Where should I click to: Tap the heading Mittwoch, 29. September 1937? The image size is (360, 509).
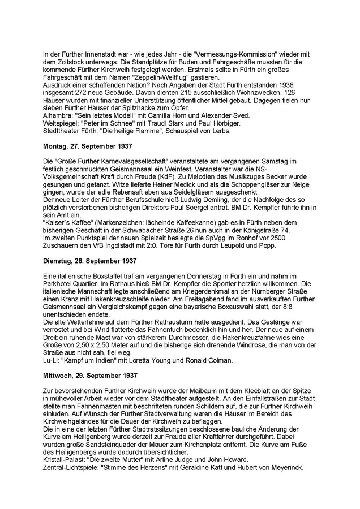(x=89, y=375)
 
